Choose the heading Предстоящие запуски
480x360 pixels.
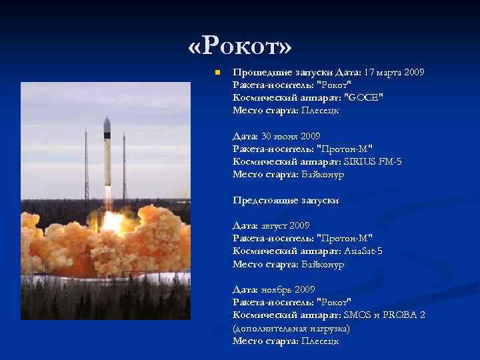pos(285,200)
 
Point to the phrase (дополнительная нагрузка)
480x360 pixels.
pos(291,328)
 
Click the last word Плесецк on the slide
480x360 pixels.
pos(320,341)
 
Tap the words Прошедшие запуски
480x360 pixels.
pos(274,72)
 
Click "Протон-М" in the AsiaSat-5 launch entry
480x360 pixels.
pos(344,239)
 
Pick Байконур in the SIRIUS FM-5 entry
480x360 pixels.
pos(322,174)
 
